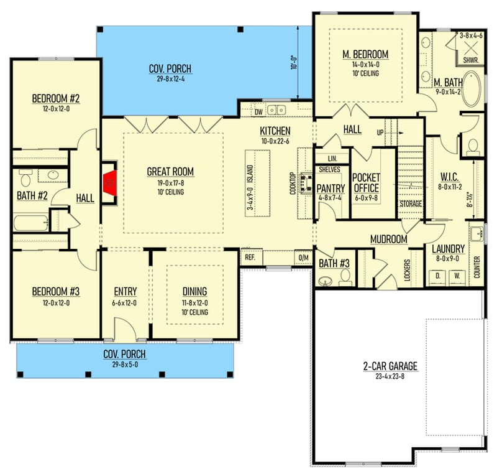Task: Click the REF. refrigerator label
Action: (x=250, y=256)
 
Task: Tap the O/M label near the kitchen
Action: (x=303, y=256)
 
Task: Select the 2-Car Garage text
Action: (x=390, y=366)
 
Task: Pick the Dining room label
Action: (x=194, y=291)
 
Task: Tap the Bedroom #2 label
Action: (x=56, y=98)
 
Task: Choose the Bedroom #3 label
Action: (x=56, y=290)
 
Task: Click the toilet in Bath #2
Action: (x=25, y=180)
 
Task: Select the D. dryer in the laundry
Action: (x=437, y=274)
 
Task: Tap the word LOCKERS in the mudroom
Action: (x=407, y=271)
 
